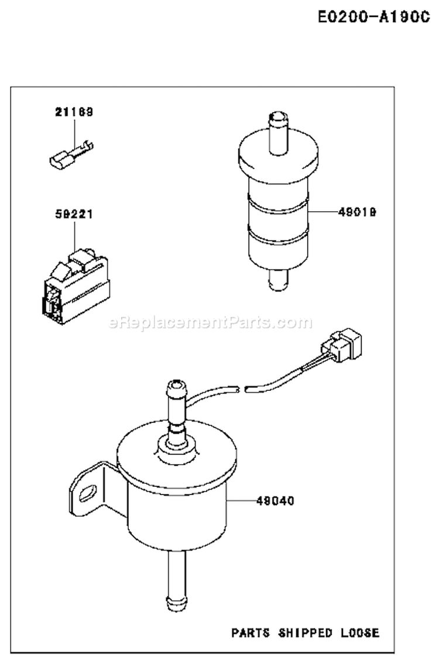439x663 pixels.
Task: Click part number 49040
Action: (x=275, y=501)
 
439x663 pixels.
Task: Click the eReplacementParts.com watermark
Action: (x=211, y=322)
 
